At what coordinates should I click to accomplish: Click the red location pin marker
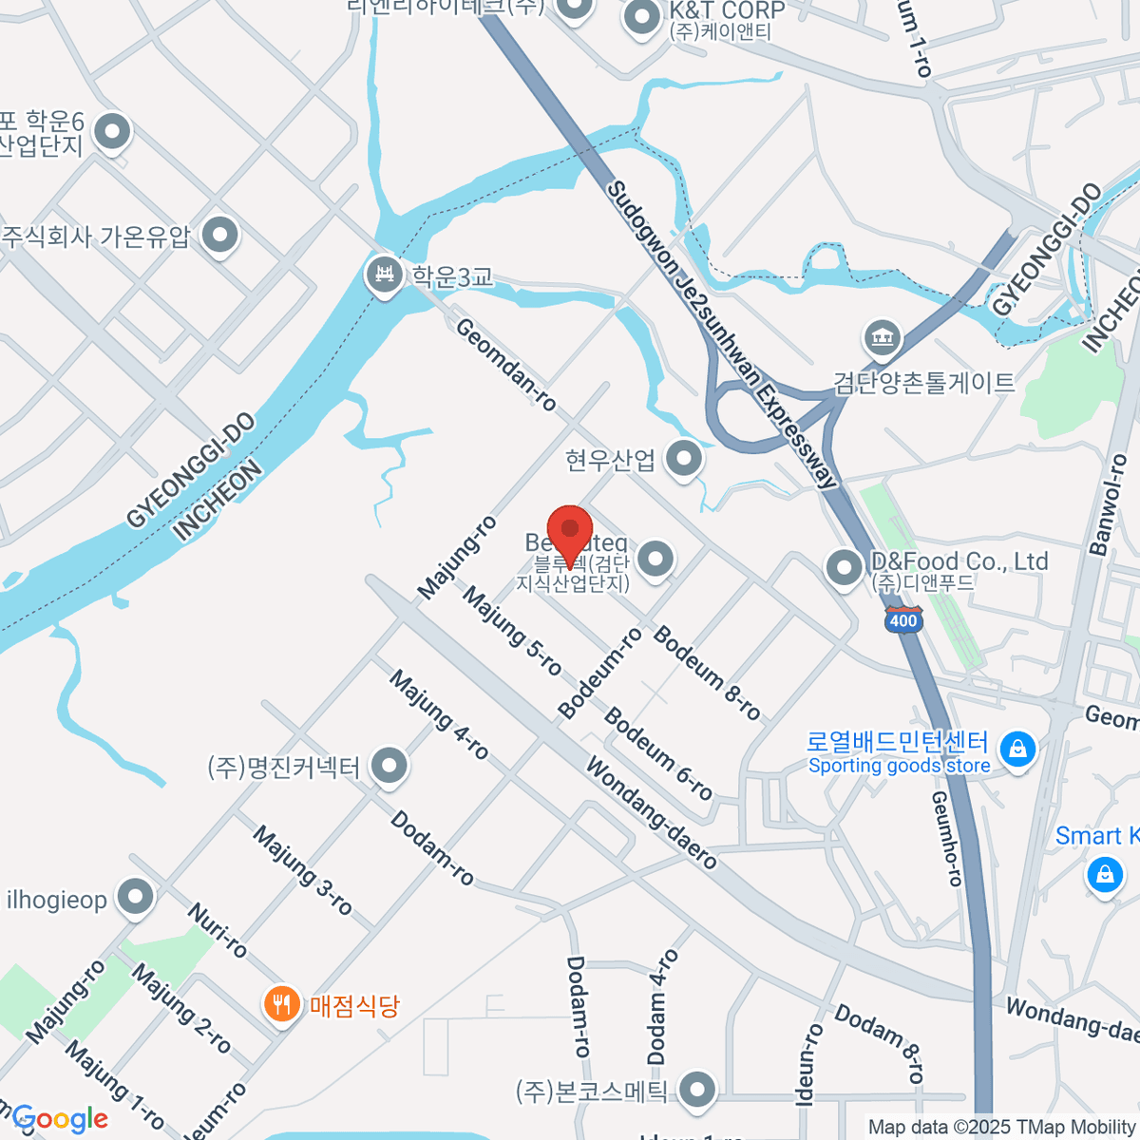point(570,532)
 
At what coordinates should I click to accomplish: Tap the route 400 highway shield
point(902,619)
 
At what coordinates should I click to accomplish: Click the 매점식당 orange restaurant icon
point(281,1003)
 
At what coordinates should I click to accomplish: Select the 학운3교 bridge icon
point(385,275)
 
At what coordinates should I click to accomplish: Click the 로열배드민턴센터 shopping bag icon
point(1017,749)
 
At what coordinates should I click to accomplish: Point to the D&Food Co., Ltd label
point(959,561)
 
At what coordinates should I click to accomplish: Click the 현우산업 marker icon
point(683,460)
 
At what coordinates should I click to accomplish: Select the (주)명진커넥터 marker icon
point(389,766)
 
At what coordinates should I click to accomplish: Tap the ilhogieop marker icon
point(136,897)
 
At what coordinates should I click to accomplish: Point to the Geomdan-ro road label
point(505,365)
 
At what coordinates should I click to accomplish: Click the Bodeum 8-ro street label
point(707,673)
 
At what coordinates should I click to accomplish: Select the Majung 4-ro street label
point(439,715)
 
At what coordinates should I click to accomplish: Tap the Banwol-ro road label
point(1109,504)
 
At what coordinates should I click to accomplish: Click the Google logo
point(59,1119)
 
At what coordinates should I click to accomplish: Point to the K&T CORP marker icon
point(643,17)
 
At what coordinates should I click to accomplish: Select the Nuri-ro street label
point(218,930)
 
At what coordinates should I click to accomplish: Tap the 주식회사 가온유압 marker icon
point(221,234)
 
